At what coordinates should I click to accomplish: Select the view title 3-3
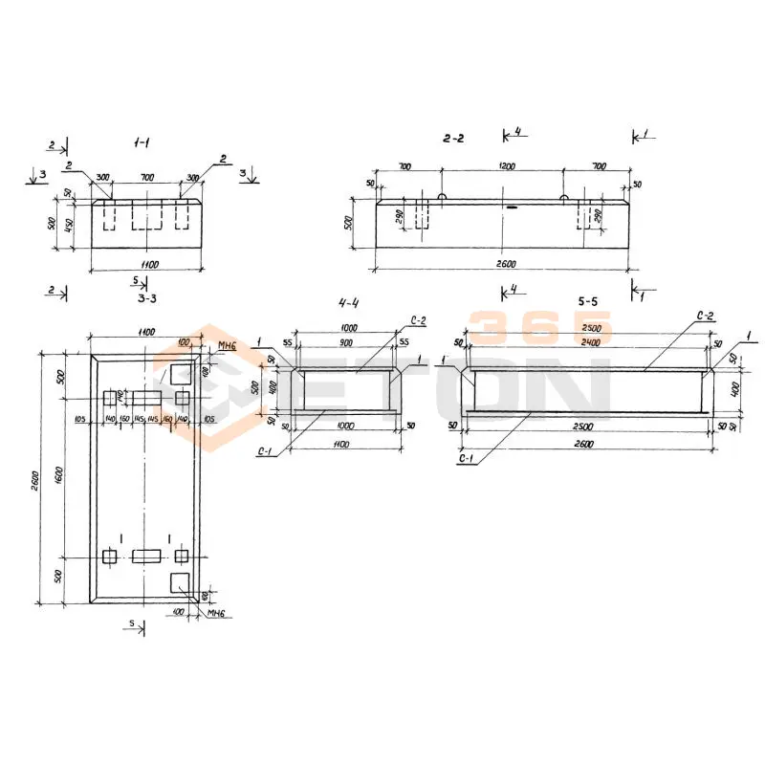click(146, 298)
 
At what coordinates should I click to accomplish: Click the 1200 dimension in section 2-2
click(506, 165)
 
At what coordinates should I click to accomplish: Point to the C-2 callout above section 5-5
click(706, 316)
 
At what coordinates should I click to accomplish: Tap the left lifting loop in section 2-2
click(442, 198)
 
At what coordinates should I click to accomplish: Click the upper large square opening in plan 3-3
click(180, 373)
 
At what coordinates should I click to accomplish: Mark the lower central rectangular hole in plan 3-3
click(146, 556)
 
